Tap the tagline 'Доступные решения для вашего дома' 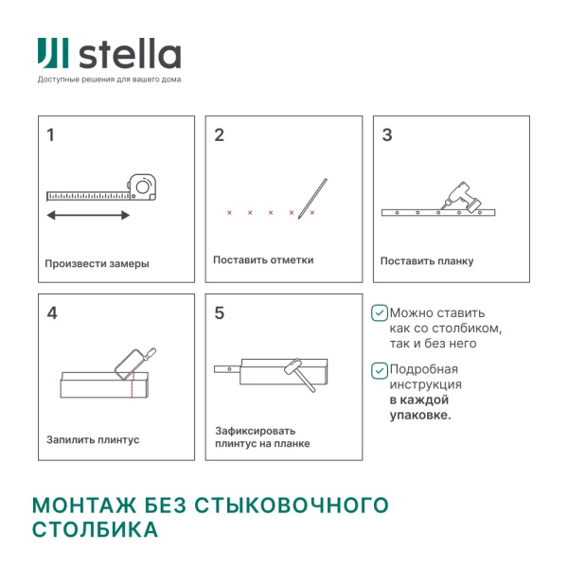pos(109,80)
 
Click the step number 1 pos(51,135)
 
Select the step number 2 pos(220,135)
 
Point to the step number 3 pos(386,135)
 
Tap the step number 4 pos(52,313)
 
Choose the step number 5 pos(220,313)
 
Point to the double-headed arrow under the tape pos(89,216)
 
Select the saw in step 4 pos(132,364)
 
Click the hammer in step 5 pos(298,372)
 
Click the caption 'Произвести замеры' pos(97,264)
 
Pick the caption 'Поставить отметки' pos(263,259)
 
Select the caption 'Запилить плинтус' pos(93,440)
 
